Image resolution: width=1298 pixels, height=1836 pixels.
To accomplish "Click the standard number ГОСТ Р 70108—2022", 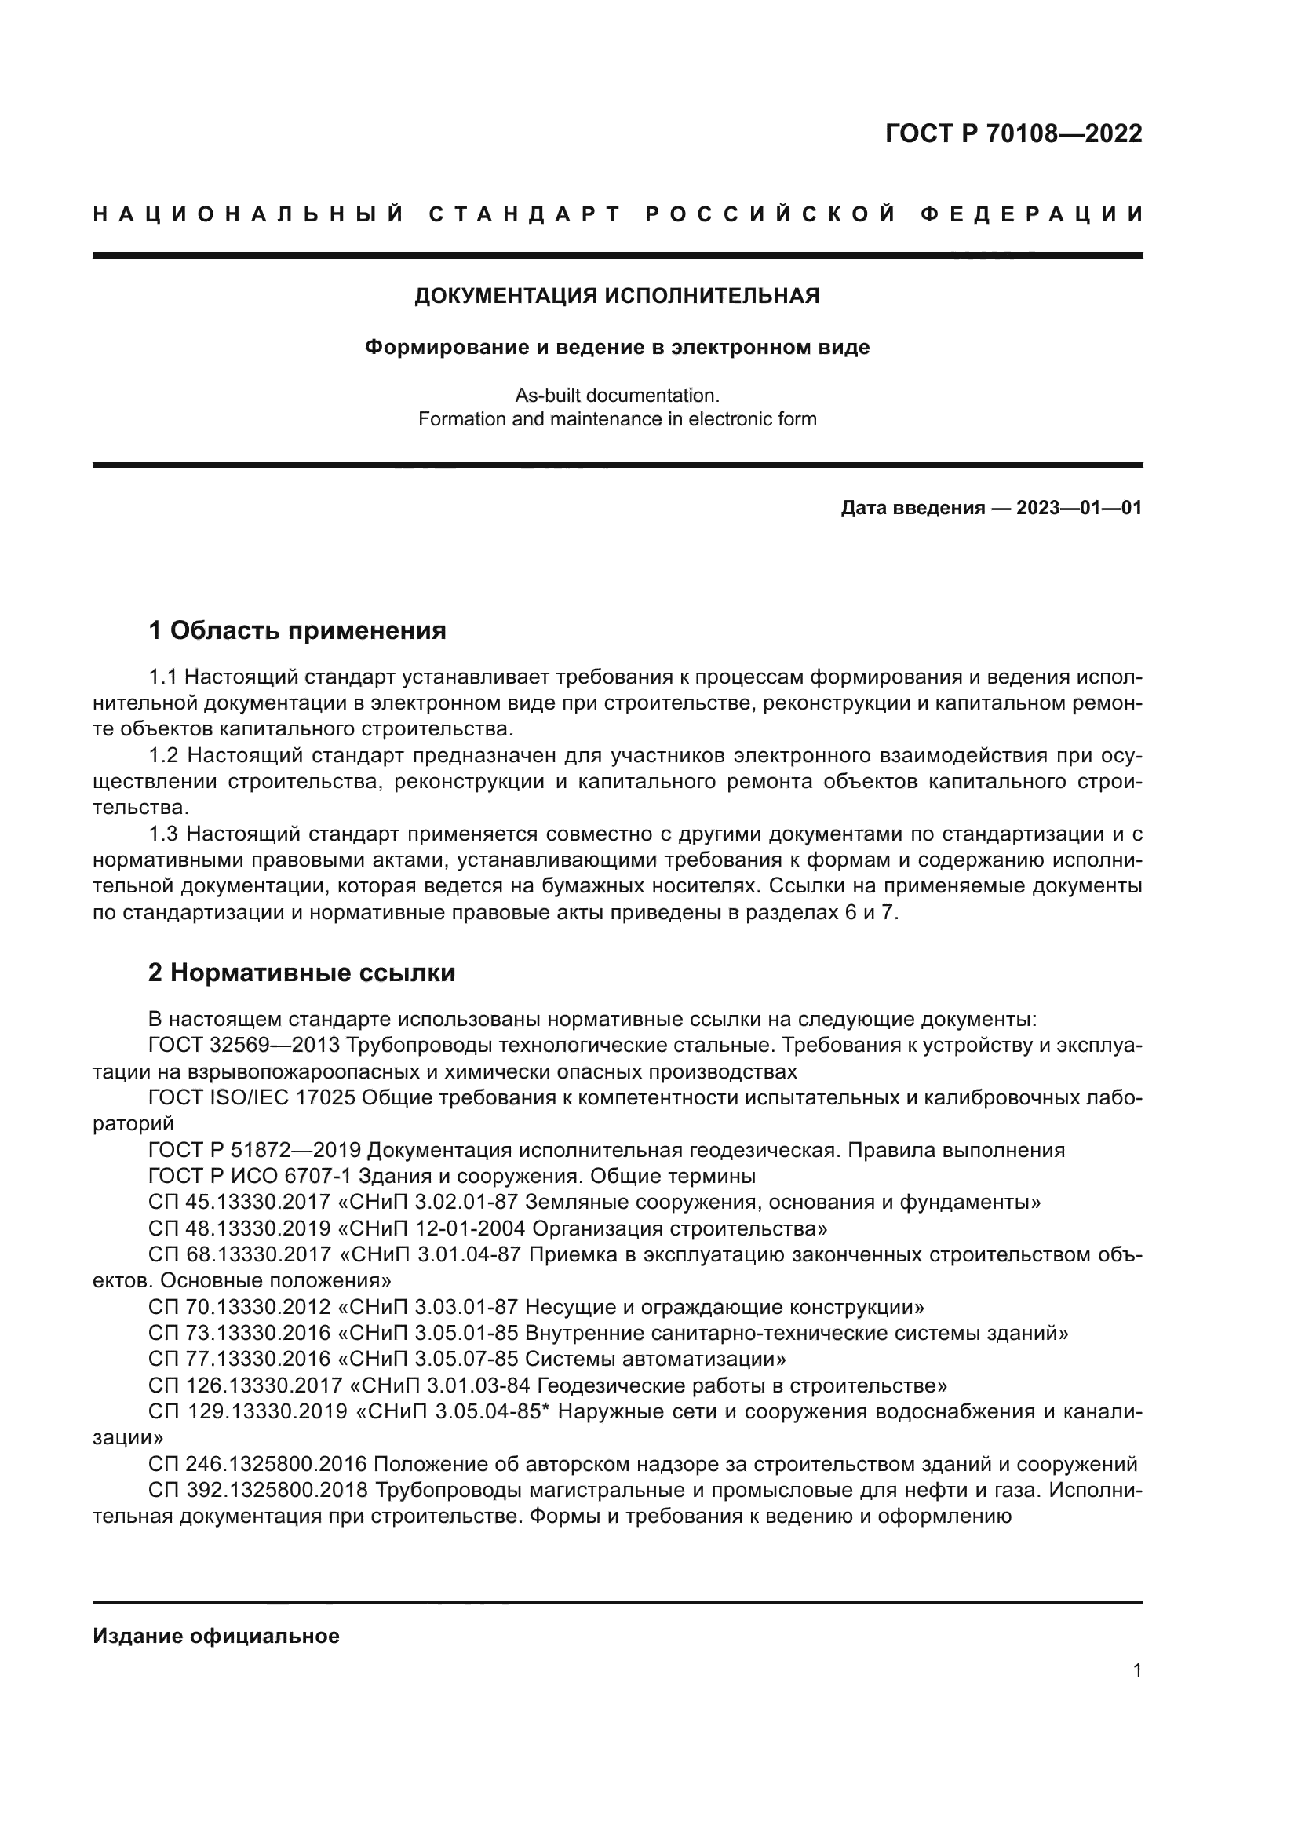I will tap(1013, 133).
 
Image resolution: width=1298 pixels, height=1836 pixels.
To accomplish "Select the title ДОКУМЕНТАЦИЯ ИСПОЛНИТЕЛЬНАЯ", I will tap(617, 296).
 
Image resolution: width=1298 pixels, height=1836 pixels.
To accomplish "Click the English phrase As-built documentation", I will tap(617, 395).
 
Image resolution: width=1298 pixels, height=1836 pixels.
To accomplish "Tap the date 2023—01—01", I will tap(1079, 508).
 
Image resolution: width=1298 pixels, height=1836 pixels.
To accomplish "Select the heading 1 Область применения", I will tap(297, 631).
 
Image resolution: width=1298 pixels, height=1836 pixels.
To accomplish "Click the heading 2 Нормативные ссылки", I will tap(302, 973).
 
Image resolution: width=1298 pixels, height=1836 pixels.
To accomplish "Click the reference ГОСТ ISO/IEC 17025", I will tap(251, 1098).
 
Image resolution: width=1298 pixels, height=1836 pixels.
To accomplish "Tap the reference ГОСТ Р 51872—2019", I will tap(254, 1150).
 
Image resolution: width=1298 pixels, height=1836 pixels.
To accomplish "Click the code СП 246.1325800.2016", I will tap(257, 1464).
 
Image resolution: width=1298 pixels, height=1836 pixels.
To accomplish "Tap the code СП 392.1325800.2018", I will tap(257, 1491).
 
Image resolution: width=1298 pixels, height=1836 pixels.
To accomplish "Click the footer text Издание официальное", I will tap(216, 1636).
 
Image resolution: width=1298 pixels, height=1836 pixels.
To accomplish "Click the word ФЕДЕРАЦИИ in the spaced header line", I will tap(1032, 214).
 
